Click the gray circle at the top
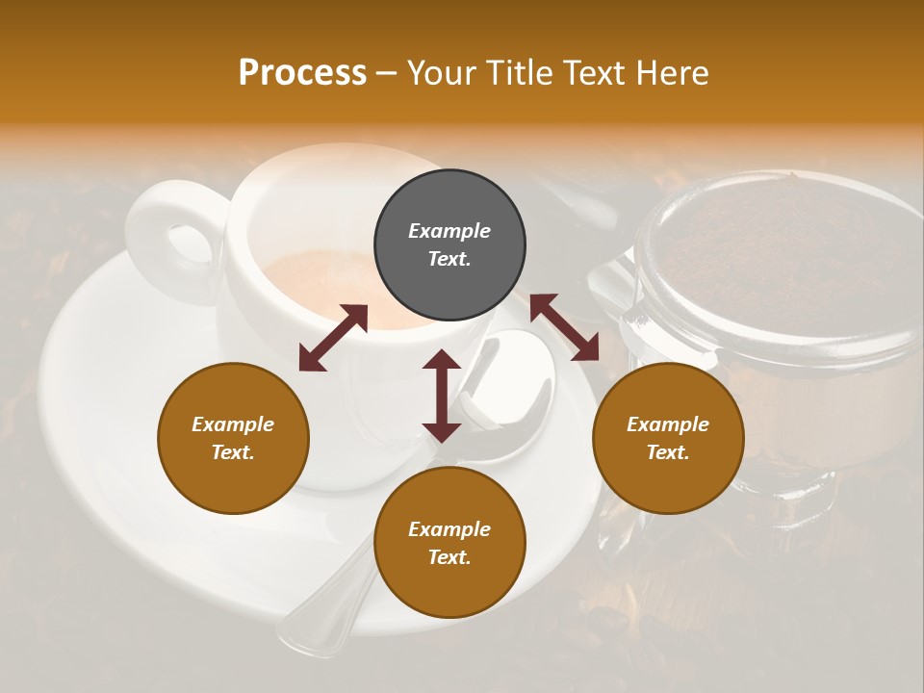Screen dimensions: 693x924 click(449, 245)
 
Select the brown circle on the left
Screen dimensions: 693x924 click(233, 438)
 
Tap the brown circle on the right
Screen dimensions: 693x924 click(667, 438)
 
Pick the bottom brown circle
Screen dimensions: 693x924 click(449, 543)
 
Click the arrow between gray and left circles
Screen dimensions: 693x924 click(333, 338)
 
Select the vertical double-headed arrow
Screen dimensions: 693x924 click(442, 396)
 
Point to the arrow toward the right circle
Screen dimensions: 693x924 click(564, 327)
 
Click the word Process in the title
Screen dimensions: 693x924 click(302, 73)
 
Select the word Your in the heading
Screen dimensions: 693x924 click(442, 73)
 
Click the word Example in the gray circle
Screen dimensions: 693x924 click(449, 231)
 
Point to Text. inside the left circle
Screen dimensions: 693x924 click(233, 452)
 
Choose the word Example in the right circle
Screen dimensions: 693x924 click(667, 424)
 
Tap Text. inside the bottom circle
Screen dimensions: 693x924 click(449, 557)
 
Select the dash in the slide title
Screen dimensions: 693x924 click(386, 73)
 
